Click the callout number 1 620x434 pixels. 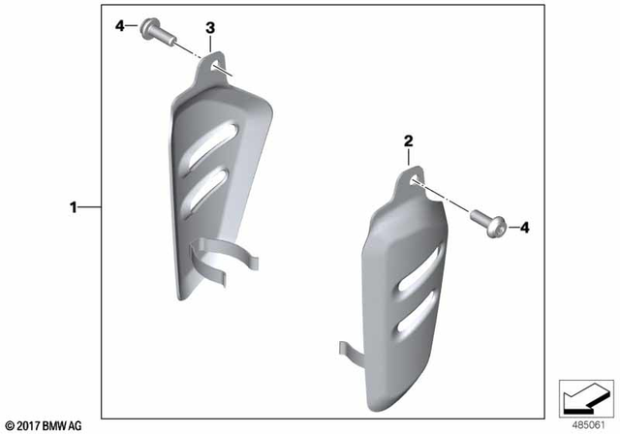(x=72, y=206)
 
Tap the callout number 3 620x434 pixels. (x=210, y=27)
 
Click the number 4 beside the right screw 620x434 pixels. (x=524, y=227)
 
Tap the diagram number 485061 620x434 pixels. (x=583, y=423)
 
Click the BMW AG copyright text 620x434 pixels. (x=44, y=424)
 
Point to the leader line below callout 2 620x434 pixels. (x=409, y=161)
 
